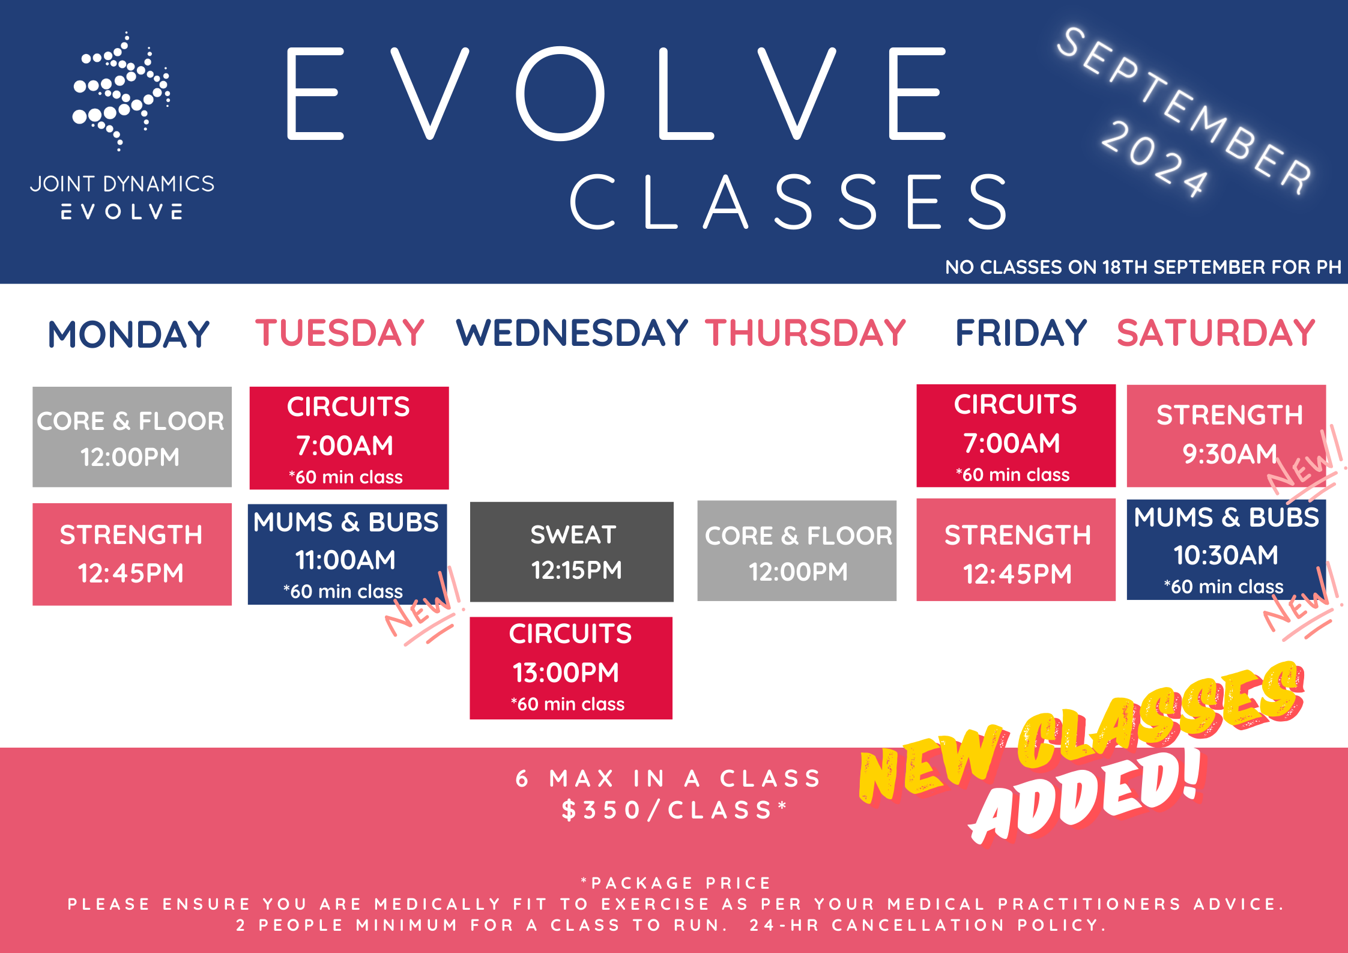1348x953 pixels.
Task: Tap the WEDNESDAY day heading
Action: click(x=572, y=333)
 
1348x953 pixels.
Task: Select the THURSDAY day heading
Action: click(x=805, y=333)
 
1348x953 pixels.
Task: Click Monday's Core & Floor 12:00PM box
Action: click(x=132, y=437)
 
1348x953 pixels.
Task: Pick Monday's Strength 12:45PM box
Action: click(x=132, y=554)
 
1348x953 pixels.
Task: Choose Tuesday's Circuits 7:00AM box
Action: click(x=349, y=438)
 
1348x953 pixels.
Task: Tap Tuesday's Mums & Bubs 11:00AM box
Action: click(x=347, y=554)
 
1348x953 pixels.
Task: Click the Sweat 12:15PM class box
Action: click(x=572, y=552)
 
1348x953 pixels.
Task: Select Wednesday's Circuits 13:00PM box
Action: click(x=571, y=668)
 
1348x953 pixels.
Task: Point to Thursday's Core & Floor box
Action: click(x=797, y=551)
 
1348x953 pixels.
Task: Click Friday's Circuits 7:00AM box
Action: click(x=1016, y=436)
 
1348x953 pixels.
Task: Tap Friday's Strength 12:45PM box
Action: click(x=1016, y=550)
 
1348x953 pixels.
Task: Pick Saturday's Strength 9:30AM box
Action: click(x=1226, y=436)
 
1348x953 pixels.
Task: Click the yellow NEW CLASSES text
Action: click(x=1081, y=733)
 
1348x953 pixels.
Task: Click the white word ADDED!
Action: click(x=1087, y=799)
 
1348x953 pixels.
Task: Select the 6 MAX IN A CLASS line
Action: click(x=668, y=779)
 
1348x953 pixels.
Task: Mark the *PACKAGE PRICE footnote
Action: click(x=675, y=883)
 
